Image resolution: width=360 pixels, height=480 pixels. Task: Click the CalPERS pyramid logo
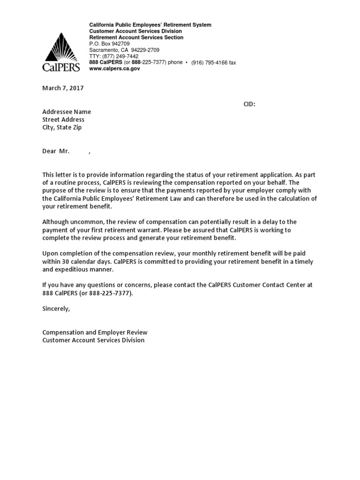61,51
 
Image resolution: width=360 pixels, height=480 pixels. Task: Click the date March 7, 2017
63,88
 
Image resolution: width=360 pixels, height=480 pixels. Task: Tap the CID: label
249,104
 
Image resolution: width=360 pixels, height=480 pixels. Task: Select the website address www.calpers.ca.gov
114,68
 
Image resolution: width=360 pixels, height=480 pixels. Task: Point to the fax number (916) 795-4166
210,62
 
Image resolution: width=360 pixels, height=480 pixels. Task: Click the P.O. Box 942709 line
109,44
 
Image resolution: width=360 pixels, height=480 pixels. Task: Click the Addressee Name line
67,112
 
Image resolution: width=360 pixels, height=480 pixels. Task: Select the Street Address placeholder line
63,120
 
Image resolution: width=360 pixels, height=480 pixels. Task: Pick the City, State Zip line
62,127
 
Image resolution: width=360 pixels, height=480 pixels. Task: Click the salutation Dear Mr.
56,151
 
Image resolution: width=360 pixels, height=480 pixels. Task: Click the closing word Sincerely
56,309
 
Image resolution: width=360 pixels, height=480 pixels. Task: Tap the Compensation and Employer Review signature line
95,332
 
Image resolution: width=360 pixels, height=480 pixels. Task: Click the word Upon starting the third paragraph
50,254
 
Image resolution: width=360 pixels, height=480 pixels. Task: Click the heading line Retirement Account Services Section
136,37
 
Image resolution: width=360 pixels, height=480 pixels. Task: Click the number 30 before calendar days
65,262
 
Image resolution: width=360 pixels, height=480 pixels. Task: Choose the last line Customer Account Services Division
93,340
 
